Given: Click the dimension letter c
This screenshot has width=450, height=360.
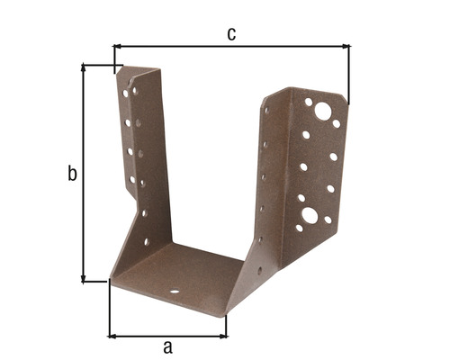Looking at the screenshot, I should pos(231,34).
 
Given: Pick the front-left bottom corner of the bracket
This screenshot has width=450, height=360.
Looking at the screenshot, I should pos(110,281).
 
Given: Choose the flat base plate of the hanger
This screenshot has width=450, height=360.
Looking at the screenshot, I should pos(180,274).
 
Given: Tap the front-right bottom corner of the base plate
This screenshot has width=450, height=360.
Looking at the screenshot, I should pos(225,312).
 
